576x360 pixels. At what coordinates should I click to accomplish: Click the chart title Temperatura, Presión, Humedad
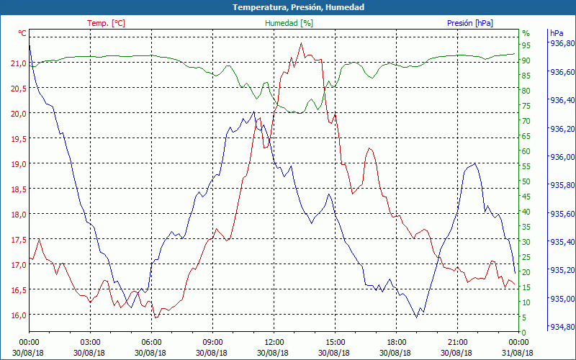(288, 7)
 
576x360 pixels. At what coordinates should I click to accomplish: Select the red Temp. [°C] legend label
(106, 23)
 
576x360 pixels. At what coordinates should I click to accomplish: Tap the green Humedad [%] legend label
(289, 23)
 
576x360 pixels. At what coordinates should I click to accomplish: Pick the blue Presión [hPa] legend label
(469, 23)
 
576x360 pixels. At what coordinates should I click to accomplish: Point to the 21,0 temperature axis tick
(18, 63)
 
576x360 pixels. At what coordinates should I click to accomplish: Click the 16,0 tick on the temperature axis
(18, 315)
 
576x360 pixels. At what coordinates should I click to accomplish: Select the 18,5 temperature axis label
(18, 189)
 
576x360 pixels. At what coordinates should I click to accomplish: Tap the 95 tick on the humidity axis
(526, 45)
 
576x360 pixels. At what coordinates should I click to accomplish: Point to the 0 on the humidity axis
(524, 333)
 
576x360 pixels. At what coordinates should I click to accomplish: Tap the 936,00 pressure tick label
(562, 157)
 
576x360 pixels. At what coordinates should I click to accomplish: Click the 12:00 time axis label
(274, 342)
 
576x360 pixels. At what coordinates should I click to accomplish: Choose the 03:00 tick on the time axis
(90, 342)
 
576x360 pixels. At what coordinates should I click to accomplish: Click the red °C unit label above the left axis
(22, 33)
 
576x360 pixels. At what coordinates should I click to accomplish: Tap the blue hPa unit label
(557, 33)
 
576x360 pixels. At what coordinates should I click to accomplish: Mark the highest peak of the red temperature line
(301, 43)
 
